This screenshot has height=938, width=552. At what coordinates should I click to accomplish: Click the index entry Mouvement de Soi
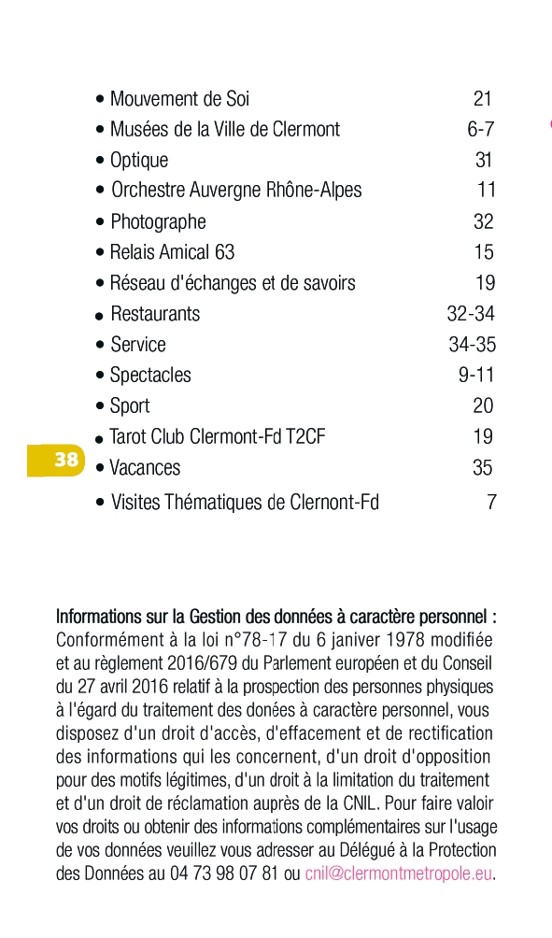click(x=179, y=99)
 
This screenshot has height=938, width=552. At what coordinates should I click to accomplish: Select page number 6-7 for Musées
click(x=481, y=129)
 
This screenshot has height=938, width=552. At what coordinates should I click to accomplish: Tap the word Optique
click(x=139, y=160)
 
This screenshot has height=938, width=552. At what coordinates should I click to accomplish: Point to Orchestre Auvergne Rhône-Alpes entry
click(x=236, y=191)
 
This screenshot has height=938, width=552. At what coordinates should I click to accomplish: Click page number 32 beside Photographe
click(x=483, y=221)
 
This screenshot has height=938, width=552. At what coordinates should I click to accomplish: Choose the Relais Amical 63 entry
click(x=172, y=252)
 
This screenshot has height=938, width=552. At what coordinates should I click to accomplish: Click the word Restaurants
click(x=155, y=314)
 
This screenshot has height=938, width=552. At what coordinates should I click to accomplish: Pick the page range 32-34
click(x=471, y=314)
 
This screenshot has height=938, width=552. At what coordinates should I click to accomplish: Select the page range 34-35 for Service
click(x=472, y=345)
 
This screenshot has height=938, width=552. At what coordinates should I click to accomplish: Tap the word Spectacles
click(x=150, y=376)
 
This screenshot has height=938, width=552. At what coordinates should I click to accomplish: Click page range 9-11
click(x=476, y=376)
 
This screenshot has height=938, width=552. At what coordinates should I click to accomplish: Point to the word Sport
click(x=130, y=406)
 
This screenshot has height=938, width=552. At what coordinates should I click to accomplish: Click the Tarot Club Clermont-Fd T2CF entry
click(x=217, y=436)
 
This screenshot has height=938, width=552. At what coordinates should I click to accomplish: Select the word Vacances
click(x=145, y=468)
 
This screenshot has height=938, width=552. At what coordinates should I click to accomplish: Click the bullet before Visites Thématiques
click(x=100, y=503)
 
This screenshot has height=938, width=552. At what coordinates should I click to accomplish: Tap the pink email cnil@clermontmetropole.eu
click(x=398, y=874)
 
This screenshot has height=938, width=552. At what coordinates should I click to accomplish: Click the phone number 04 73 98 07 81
click(x=223, y=874)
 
